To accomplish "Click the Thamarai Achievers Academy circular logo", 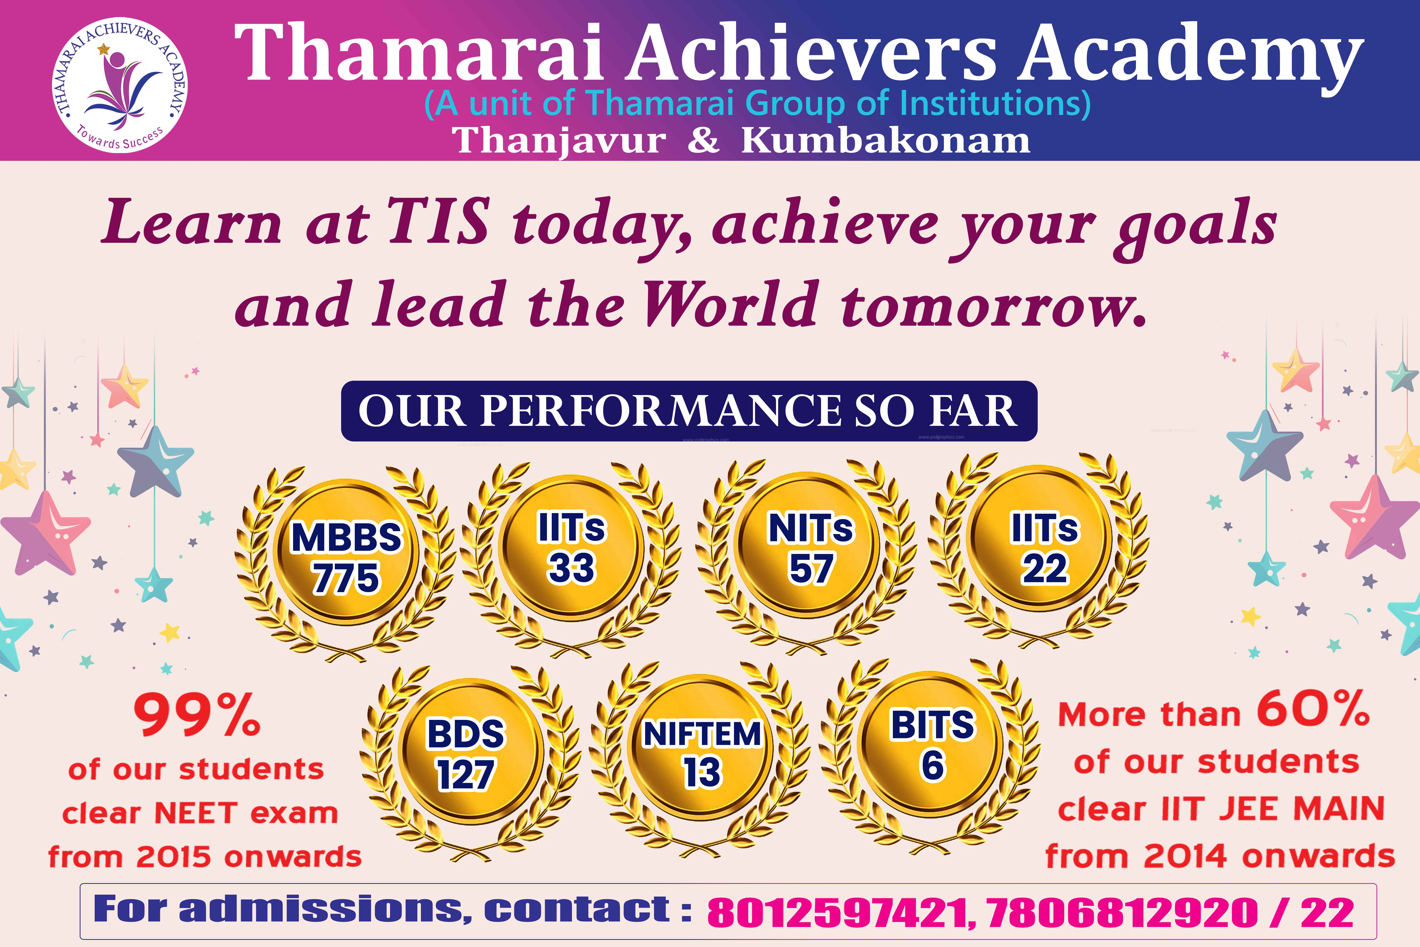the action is point(120,85).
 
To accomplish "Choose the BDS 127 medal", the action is point(466,754).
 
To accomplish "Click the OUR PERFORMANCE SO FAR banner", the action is point(689,411).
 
